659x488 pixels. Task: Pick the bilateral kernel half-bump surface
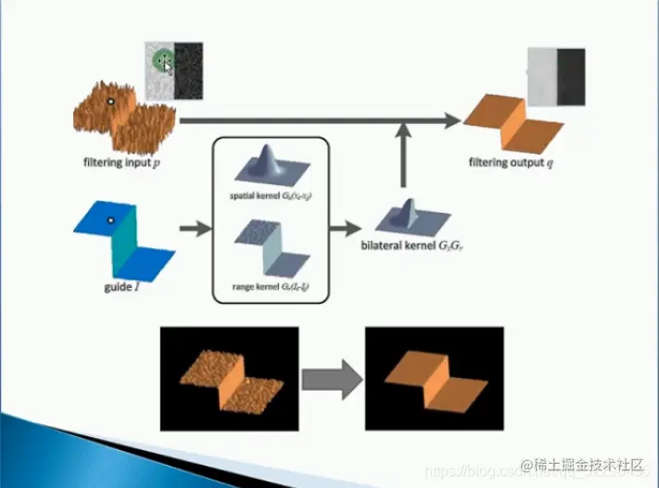(404, 216)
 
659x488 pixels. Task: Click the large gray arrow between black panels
(330, 379)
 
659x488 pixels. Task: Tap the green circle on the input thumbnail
(164, 62)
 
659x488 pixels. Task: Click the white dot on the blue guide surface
(109, 219)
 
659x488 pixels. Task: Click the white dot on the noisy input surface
(109, 100)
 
